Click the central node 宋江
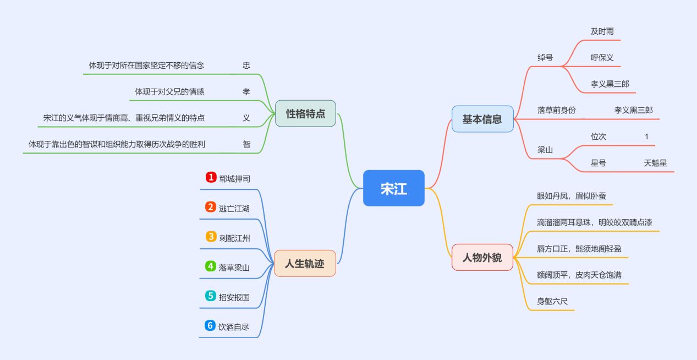point(393,188)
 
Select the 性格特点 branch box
point(305,113)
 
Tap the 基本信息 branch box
point(482,119)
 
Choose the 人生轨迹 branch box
point(305,263)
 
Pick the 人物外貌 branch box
point(482,257)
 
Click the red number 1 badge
point(211,177)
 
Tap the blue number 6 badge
point(210,326)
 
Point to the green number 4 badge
point(210,266)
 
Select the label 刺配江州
point(234,238)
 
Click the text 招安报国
point(234,297)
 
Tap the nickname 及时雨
point(602,31)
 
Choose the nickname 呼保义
point(602,57)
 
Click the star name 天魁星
point(655,162)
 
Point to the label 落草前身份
point(556,110)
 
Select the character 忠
point(246,65)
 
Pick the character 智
point(246,144)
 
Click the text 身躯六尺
point(552,301)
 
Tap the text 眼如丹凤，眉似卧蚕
point(571,195)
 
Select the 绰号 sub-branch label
point(545,57)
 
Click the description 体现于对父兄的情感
point(169,91)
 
